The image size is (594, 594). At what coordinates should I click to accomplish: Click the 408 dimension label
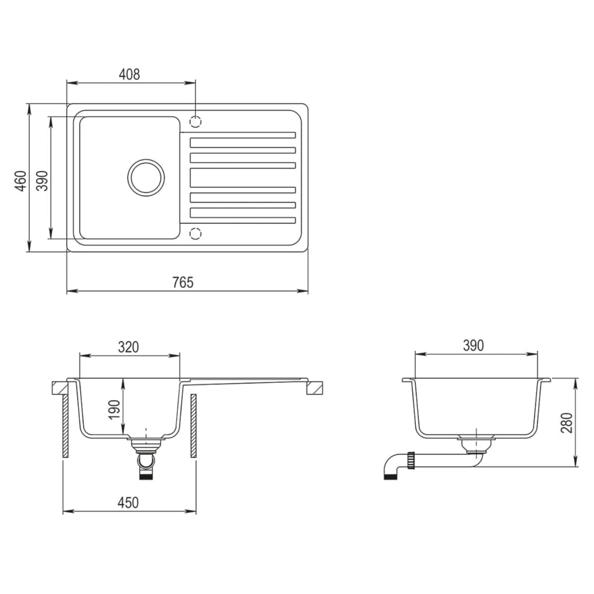point(129,74)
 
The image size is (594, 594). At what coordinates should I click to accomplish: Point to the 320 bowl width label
point(128,347)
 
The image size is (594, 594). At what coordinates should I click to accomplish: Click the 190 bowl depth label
point(114,409)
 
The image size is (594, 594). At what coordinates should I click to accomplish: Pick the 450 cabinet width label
point(128,503)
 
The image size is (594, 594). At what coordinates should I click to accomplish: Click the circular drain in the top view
point(146,178)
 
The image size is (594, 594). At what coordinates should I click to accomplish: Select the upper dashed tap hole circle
point(196,122)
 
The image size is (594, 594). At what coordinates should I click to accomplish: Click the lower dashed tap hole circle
point(196,233)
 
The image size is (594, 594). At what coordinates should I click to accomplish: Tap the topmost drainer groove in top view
point(242,135)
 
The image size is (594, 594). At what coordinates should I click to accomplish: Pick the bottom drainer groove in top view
point(242,220)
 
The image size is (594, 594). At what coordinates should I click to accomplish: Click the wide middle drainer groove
point(242,178)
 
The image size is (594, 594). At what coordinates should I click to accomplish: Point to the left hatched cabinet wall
point(66,426)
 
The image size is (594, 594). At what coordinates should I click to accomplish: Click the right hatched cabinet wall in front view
point(193,426)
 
